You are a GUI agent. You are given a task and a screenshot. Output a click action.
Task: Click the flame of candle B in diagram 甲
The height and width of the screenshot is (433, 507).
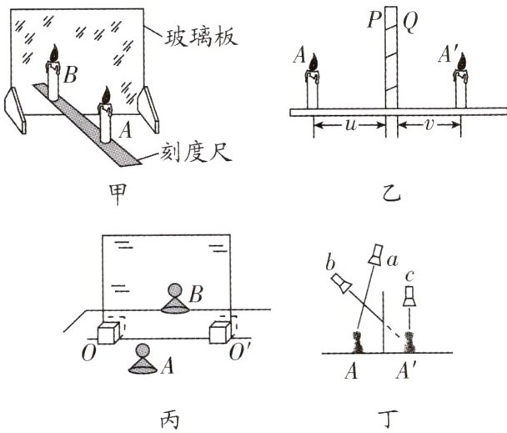(x=54, y=55)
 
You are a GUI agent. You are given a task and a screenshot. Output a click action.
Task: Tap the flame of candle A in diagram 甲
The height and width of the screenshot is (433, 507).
(x=105, y=95)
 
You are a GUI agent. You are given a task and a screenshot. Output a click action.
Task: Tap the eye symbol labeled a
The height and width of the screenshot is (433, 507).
(x=378, y=254)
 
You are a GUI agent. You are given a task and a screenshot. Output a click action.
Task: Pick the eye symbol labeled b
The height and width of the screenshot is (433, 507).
(x=341, y=286)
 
